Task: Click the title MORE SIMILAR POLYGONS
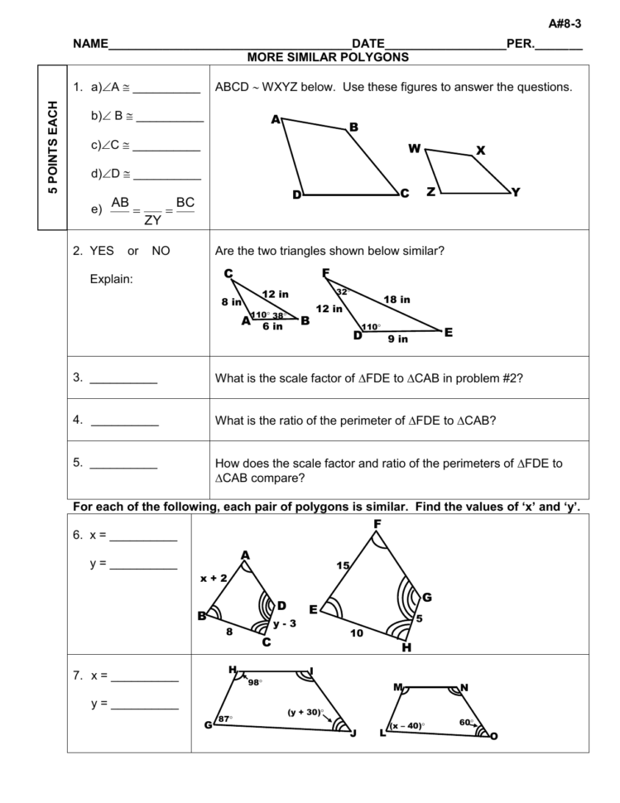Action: point(329,57)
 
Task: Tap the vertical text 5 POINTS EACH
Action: point(53,147)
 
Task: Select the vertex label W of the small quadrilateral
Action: point(415,149)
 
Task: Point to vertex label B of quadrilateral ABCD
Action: point(353,127)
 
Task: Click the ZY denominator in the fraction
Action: point(153,220)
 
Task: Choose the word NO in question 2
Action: point(161,251)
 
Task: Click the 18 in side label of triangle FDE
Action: point(397,300)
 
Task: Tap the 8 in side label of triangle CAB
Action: point(230,302)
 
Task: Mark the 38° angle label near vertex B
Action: point(278,315)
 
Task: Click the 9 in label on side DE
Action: point(397,339)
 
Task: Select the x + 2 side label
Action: point(214,579)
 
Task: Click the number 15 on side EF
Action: point(343,565)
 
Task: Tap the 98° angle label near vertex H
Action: point(255,683)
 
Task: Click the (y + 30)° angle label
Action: point(305,712)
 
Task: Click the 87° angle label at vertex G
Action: point(225,719)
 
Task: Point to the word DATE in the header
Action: point(368,43)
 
